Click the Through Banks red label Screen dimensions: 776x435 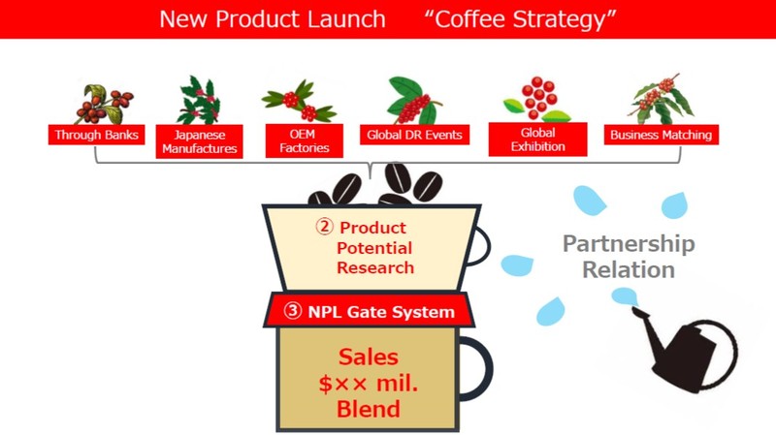pos(96,135)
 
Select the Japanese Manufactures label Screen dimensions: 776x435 pos(200,141)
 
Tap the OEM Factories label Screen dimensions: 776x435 pos(304,140)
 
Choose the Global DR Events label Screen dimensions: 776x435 pos(415,135)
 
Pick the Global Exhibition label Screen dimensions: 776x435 pos(538,140)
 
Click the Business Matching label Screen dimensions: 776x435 pos(662,135)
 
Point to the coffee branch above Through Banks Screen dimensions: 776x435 pos(104,104)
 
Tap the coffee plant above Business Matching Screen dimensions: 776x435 pos(662,99)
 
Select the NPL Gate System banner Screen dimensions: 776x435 pos(369,310)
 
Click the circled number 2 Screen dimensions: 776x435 pos(324,227)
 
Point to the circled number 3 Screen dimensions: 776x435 pos(293,311)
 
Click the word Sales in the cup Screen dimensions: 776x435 pos(369,357)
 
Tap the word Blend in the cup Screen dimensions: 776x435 pos(369,409)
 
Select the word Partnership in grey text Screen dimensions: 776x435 pos(629,244)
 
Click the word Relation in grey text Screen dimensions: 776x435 pos(629,270)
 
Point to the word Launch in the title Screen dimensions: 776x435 pos(346,19)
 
